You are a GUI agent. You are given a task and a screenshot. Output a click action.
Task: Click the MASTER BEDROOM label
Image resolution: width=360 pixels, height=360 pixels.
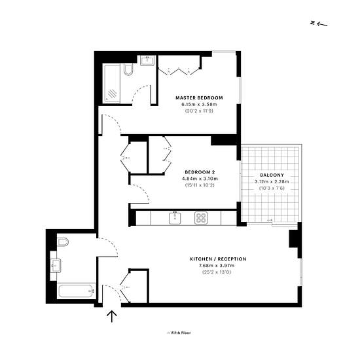199,98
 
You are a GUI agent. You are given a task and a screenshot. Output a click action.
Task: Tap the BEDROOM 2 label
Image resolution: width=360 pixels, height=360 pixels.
200,172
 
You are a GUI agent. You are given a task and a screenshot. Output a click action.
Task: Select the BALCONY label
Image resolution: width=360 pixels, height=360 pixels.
272,175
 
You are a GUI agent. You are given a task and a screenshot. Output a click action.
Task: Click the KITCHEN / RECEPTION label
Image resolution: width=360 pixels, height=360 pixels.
218,259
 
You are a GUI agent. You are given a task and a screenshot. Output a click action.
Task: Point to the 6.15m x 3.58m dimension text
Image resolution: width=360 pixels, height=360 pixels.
199,105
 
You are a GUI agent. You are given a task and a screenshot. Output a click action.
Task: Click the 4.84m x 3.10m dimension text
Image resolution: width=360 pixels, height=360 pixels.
200,179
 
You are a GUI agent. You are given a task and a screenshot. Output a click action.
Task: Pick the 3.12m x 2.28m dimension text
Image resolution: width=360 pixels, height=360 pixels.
272,181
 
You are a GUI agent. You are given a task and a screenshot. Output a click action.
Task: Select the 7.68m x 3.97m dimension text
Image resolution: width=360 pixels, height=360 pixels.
217,266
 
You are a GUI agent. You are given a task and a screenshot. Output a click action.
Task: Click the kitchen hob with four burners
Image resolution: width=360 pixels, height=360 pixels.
201,218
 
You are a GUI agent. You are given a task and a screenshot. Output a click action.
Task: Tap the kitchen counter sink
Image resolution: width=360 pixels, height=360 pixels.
175,218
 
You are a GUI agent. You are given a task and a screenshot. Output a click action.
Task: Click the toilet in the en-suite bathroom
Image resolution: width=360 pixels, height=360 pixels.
128,69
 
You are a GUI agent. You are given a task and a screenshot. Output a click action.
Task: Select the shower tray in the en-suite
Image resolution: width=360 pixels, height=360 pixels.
111,84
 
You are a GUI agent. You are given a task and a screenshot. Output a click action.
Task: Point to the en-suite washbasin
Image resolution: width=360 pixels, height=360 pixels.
147,61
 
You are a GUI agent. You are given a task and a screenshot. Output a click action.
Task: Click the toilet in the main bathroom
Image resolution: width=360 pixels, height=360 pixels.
63,242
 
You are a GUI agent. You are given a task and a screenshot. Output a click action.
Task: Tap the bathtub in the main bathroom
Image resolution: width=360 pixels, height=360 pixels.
77,291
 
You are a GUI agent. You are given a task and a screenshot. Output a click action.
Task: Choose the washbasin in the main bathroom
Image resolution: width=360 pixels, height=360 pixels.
56,266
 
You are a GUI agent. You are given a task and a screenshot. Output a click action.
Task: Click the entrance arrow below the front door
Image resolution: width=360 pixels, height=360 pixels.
112,316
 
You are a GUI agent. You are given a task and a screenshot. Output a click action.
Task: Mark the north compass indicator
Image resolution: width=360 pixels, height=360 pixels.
319,24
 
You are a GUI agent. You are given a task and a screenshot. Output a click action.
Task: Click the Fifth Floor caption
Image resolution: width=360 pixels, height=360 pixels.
179,333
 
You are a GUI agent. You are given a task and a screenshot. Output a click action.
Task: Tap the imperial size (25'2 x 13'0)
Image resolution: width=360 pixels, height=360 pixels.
217,272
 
